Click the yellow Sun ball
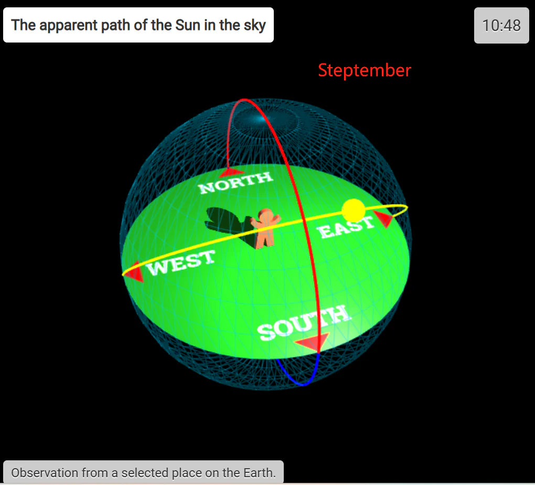click(x=354, y=210)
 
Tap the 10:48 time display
click(x=501, y=25)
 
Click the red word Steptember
click(x=365, y=70)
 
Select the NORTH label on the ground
click(x=236, y=183)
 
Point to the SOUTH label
click(x=304, y=323)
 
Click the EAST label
click(x=345, y=227)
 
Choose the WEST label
click(x=181, y=262)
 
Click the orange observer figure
click(x=265, y=228)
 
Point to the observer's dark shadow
click(x=229, y=224)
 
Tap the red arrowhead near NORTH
click(x=231, y=173)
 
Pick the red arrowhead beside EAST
click(x=384, y=218)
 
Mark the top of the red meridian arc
click(x=244, y=99)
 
